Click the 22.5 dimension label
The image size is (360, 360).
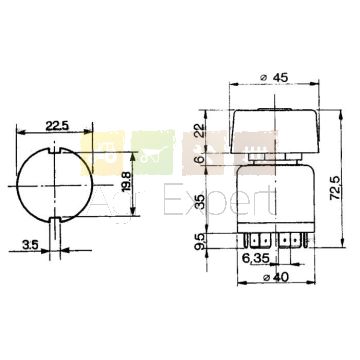(57, 126)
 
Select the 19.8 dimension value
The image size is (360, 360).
(126, 182)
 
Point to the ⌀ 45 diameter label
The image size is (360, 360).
(276, 77)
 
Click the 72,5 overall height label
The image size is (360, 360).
(334, 189)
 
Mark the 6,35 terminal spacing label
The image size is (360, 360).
(256, 259)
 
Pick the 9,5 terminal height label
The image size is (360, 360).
(200, 242)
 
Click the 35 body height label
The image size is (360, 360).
(200, 201)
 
